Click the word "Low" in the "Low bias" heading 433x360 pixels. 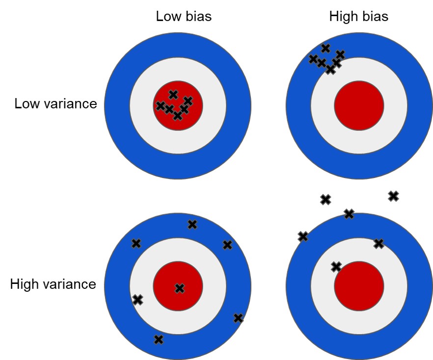pos(167,16)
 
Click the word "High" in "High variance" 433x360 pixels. pos(25,284)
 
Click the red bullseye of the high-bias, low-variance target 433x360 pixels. pos(359,106)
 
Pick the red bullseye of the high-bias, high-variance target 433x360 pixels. pos(359,286)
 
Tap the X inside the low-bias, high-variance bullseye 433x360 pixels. pos(180,288)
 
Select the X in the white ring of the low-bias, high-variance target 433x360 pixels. pos(137,299)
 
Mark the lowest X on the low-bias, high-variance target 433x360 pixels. pos(158,339)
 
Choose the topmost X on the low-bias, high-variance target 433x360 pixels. pos(192,225)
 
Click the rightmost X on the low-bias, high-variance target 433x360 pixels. pos(238,318)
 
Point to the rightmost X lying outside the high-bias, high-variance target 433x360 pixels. pos(393,196)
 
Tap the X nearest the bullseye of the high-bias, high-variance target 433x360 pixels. pos(336,267)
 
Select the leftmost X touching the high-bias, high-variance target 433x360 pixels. pos(303,236)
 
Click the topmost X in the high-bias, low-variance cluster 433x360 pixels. pos(325,48)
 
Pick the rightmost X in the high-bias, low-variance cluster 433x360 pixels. pos(340,54)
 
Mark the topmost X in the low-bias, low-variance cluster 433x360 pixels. pos(173,94)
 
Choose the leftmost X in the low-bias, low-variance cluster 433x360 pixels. pos(160,105)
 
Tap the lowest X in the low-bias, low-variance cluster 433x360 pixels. pos(178,116)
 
